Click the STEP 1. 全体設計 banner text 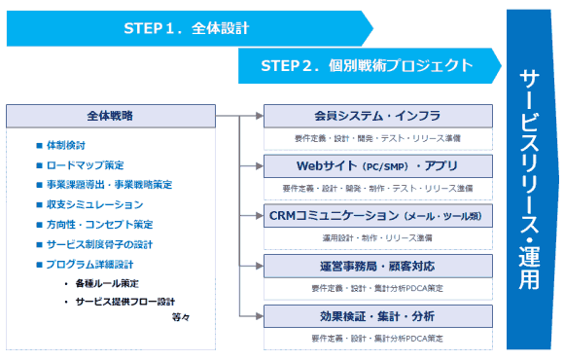click(x=187, y=28)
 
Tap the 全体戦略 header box click(x=110, y=115)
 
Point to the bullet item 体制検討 click(x=68, y=145)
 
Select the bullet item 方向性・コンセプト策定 click(x=100, y=225)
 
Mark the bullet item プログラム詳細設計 click(x=95, y=264)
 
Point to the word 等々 click(x=181, y=317)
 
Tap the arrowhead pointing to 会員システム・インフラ click(x=259, y=115)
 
